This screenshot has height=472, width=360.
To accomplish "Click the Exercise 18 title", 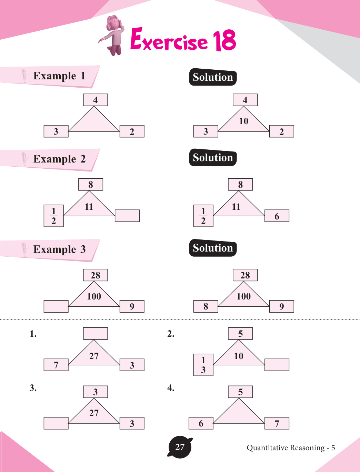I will (x=183, y=40).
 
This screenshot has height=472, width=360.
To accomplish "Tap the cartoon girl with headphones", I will (x=113, y=35).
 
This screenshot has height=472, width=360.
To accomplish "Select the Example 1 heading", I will (x=59, y=76).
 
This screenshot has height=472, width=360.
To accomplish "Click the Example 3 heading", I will (x=59, y=249).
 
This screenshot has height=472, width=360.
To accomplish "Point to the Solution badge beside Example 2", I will (x=213, y=158).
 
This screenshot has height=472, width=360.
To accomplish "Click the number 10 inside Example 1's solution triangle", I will (x=243, y=121).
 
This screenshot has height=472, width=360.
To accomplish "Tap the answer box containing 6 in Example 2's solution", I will (x=277, y=216).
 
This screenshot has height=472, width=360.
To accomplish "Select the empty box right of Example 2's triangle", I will (x=127, y=216).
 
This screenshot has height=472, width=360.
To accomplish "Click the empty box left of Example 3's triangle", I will (x=56, y=306).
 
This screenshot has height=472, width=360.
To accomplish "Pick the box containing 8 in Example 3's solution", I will (x=206, y=306).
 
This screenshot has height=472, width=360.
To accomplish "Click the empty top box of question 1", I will (x=96, y=333).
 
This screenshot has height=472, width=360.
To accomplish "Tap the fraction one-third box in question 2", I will (x=203, y=365).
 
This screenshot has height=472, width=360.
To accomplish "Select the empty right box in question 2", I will (x=277, y=365).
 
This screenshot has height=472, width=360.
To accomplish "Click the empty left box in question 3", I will (x=56, y=423).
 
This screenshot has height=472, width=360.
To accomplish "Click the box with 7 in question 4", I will (x=277, y=423).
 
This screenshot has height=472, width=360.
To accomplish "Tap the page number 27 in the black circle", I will (x=180, y=447).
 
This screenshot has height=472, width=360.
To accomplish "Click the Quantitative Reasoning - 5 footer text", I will (x=291, y=448).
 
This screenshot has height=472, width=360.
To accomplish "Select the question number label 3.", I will (x=33, y=388).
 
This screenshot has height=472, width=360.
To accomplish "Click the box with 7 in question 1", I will (x=56, y=365).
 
